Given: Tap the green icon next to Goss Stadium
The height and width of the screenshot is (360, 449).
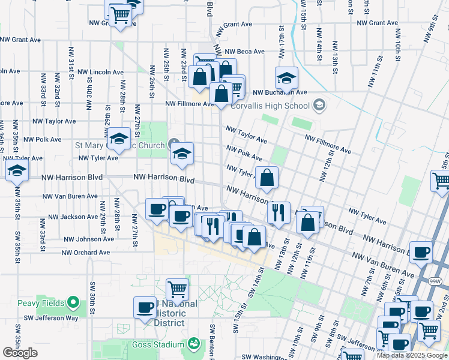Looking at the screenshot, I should click(193, 344).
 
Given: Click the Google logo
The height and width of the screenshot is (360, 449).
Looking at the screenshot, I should click(20, 353).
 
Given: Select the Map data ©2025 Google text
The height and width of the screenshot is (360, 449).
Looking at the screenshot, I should click(411, 355).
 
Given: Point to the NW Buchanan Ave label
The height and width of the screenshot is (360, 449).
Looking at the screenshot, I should click(280, 93).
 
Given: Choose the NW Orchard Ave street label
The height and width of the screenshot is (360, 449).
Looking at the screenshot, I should click(85, 253).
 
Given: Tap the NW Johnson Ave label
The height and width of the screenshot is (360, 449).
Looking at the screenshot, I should click(88, 239).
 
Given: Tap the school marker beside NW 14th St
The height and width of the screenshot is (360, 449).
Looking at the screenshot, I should click(287, 77).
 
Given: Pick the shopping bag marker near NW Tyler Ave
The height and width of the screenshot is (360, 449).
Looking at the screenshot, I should click(267, 176).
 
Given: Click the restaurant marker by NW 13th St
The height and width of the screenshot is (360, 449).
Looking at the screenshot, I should click(279, 212).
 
